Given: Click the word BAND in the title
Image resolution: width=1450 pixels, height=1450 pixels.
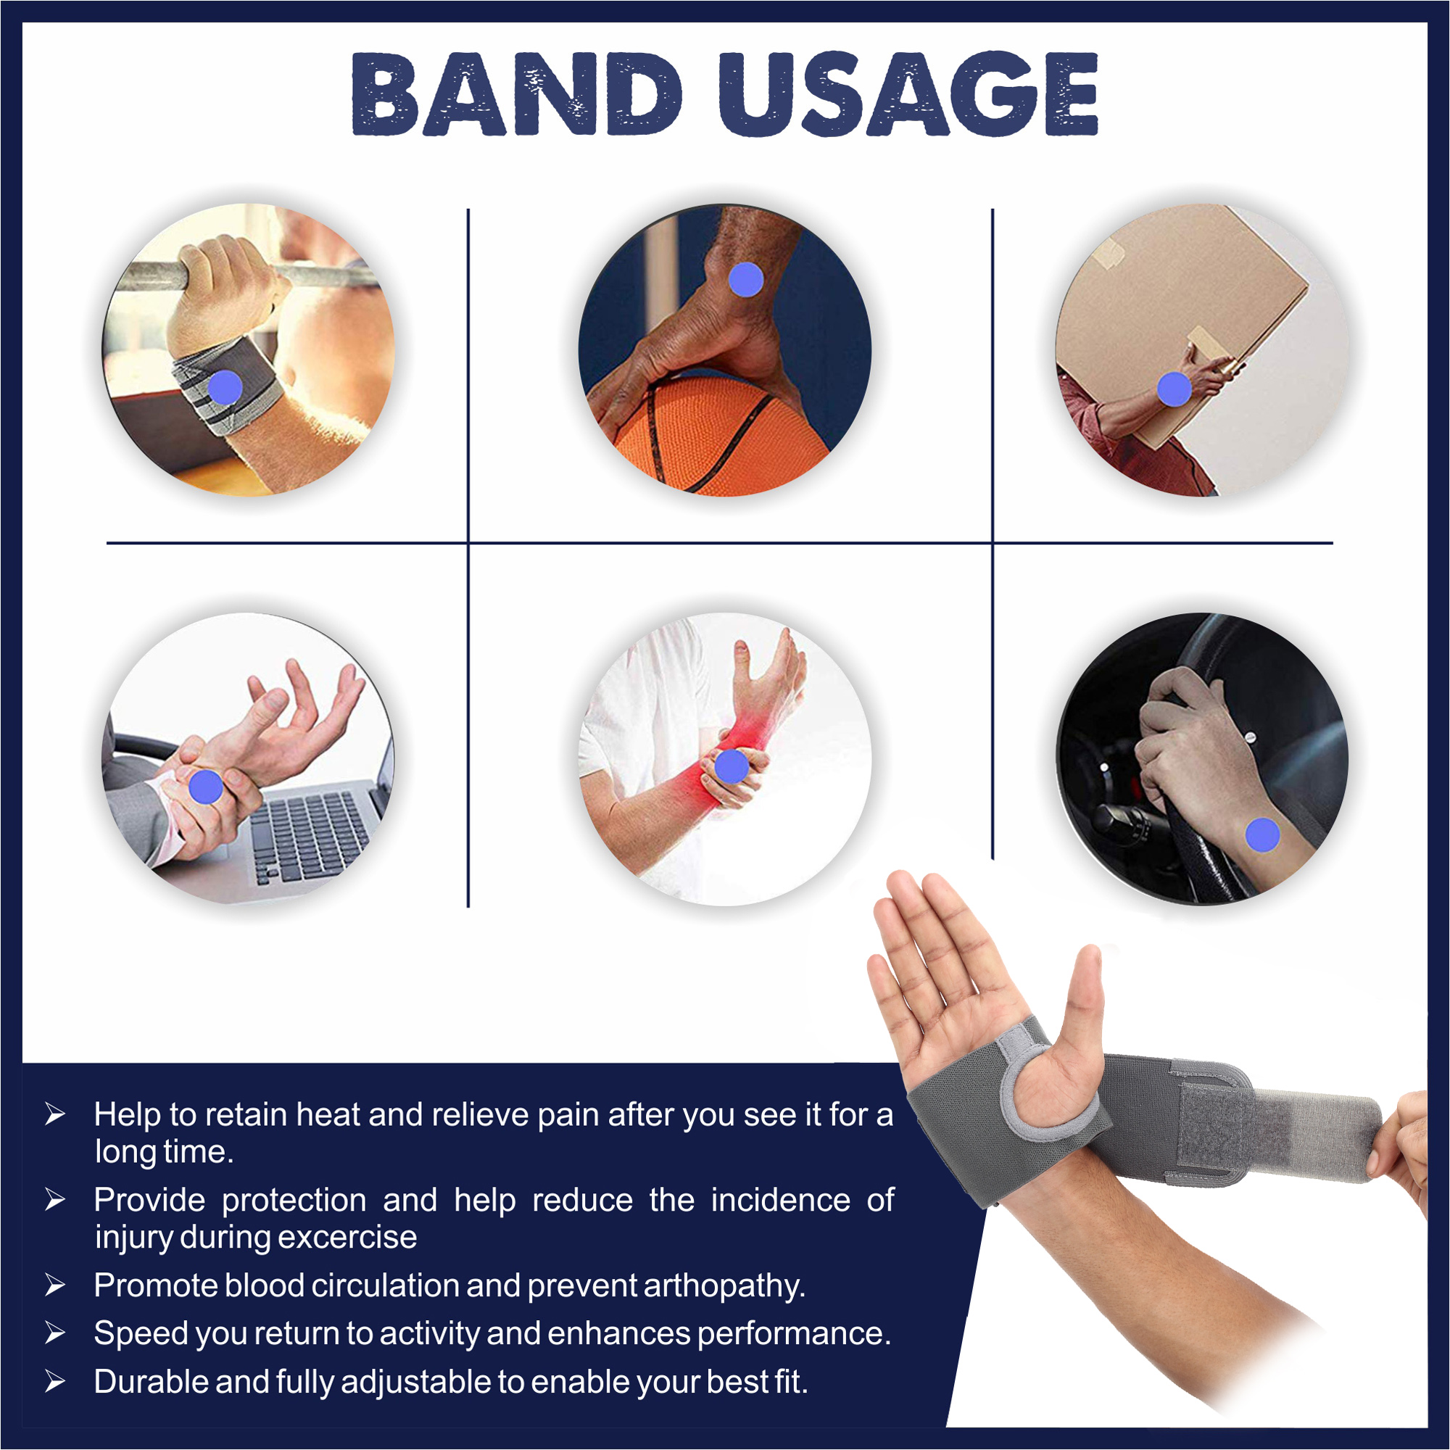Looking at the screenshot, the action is pos(517,94).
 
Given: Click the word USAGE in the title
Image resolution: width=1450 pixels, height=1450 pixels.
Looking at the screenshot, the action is pos(909,94).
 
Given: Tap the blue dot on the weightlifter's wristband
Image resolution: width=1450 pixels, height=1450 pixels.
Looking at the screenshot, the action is pos(225,388).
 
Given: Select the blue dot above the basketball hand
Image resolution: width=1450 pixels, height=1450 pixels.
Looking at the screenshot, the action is pos(746,280).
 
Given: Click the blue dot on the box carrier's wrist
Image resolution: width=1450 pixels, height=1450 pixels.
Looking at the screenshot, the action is pos(1174,389).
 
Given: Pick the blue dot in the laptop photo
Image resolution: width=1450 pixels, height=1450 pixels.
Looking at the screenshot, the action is pos(206,787).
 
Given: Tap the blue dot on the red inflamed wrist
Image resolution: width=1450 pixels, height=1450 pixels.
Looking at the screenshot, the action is pos(732,766).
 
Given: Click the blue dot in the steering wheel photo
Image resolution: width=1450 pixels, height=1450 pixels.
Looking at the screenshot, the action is pos(1262,835).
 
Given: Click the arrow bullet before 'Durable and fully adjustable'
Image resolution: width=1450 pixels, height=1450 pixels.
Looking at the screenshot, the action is pos(55,1382).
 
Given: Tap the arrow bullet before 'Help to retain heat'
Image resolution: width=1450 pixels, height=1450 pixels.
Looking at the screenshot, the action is pos(55,1114).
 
